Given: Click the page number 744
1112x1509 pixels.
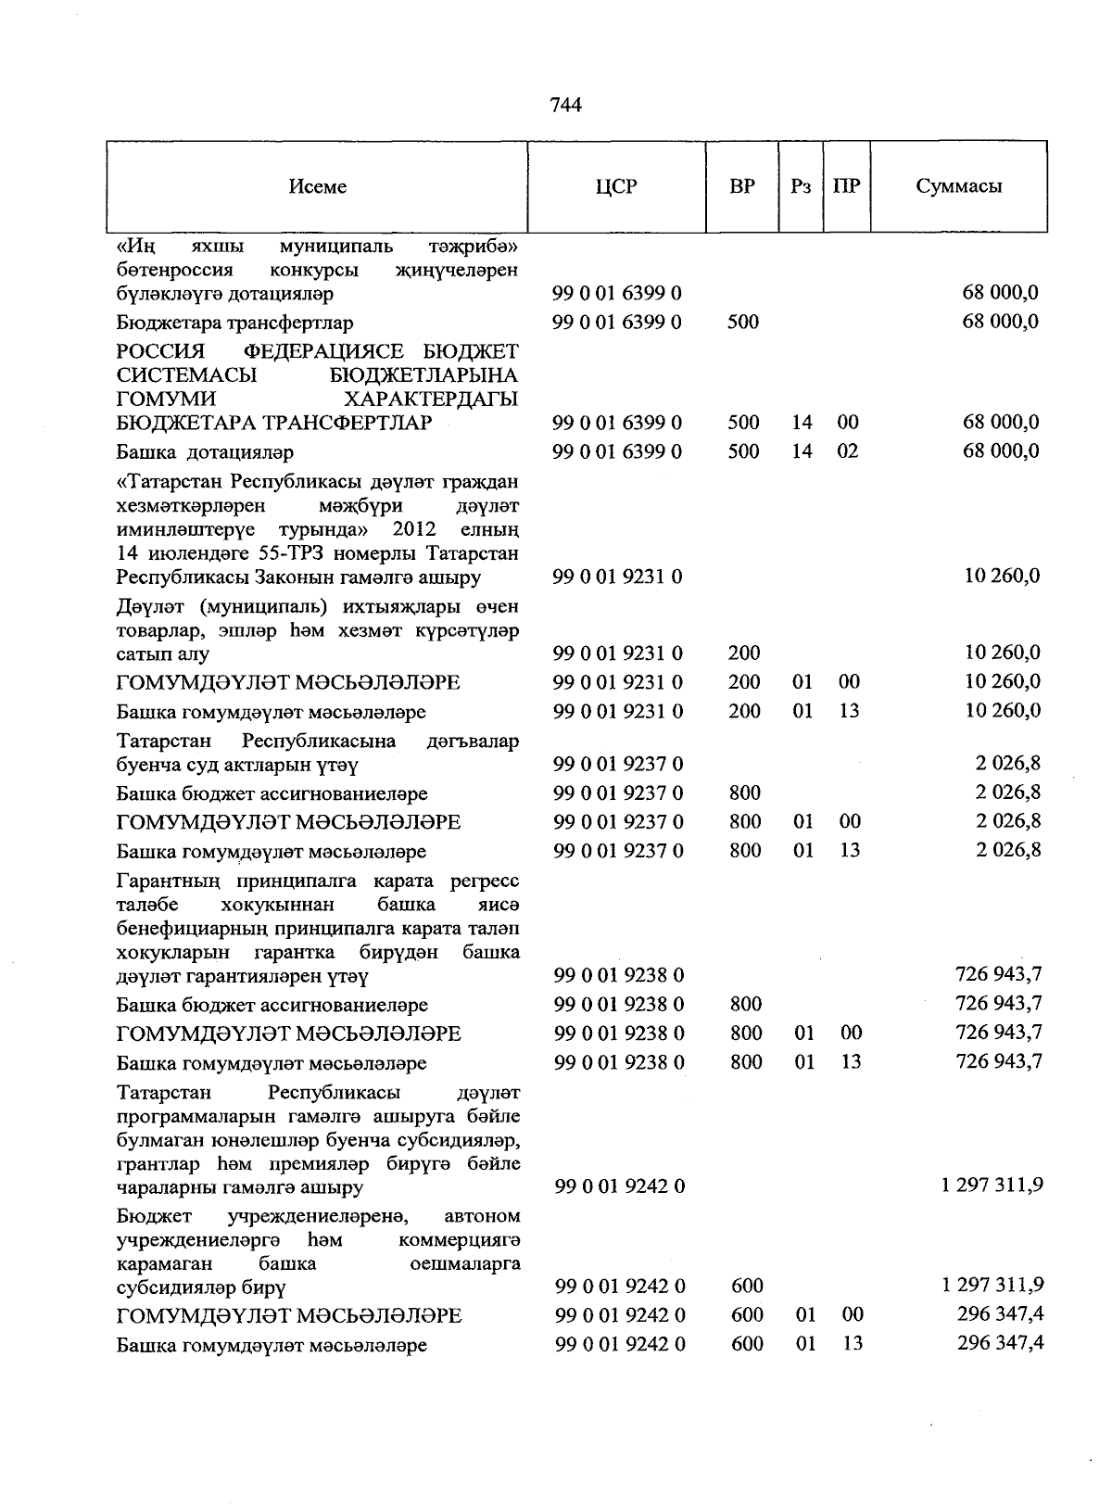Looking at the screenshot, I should click(x=565, y=106).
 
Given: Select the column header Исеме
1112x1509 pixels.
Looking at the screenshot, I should click(x=317, y=186).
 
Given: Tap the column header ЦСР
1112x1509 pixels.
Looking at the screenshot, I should click(x=616, y=186).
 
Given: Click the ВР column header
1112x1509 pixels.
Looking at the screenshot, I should click(x=741, y=186).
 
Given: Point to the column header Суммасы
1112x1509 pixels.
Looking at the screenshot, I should click(x=958, y=186).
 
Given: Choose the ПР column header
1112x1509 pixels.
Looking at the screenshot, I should click(x=846, y=186).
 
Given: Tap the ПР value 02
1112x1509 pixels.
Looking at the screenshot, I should click(x=847, y=451).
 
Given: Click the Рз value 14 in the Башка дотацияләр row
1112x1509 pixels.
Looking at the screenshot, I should click(x=802, y=451).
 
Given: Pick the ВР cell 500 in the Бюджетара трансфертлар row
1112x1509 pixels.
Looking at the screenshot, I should click(x=743, y=323).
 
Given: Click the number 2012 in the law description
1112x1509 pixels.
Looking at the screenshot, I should click(x=414, y=529).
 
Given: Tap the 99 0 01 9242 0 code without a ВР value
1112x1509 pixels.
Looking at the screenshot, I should click(x=619, y=1186).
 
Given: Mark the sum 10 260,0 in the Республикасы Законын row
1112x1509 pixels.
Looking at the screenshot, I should click(x=1002, y=576).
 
